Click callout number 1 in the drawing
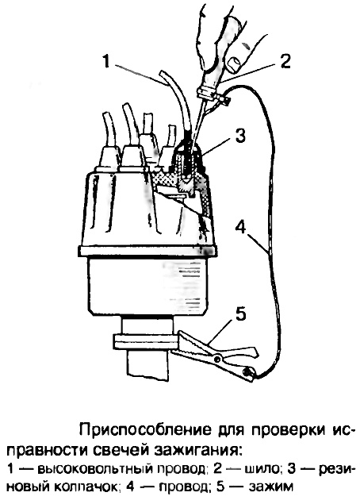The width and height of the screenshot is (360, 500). pyautogui.click(x=106, y=61)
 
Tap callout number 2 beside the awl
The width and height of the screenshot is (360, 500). pyautogui.click(x=284, y=60)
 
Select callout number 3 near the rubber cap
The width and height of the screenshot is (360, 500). pyautogui.click(x=239, y=135)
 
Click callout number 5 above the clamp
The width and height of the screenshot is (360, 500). pyautogui.click(x=240, y=314)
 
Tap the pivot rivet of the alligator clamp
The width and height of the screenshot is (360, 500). pyautogui.click(x=218, y=359)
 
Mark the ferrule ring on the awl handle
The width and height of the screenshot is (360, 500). pyautogui.click(x=205, y=93)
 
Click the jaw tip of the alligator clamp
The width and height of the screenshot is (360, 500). pyautogui.click(x=179, y=333)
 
